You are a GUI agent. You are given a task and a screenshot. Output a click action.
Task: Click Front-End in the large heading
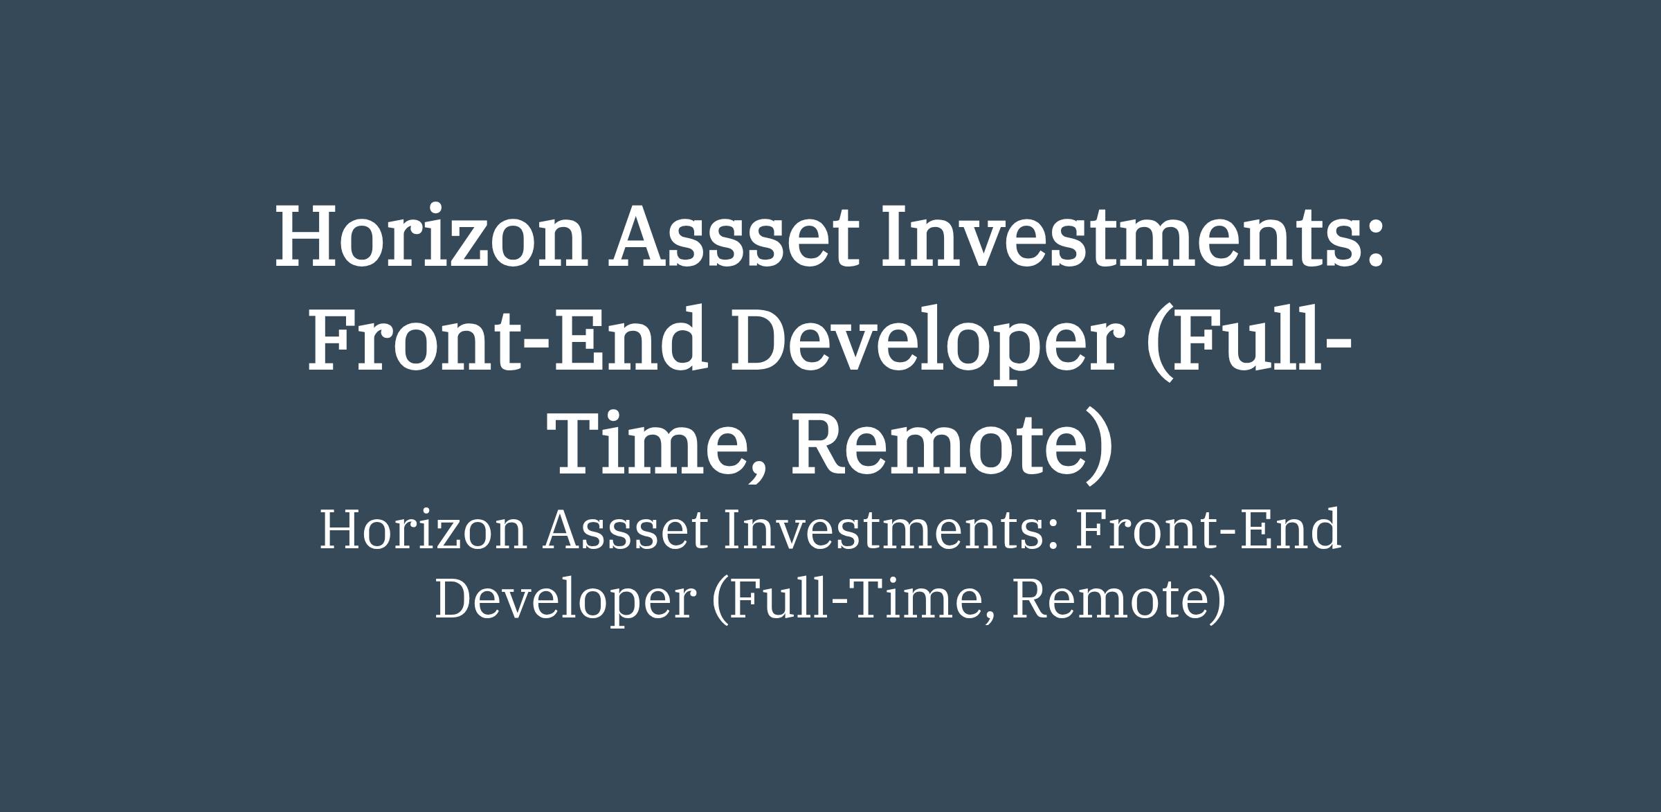[508, 339]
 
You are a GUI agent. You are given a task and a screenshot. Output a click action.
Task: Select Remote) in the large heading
[952, 447]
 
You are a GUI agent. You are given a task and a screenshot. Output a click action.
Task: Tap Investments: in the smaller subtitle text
[892, 530]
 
